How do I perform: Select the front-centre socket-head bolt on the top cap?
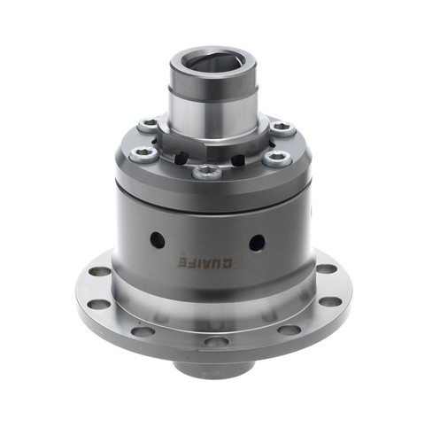(x=207, y=172)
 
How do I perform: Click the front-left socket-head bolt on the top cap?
(x=144, y=154)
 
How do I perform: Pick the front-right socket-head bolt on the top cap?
(x=277, y=158)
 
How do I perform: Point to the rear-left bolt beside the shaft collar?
(x=148, y=124)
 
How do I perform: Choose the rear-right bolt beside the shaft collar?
(x=282, y=128)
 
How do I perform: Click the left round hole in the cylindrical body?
(x=158, y=239)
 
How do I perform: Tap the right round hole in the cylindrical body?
(x=257, y=243)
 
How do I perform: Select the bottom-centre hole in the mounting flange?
(x=217, y=342)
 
